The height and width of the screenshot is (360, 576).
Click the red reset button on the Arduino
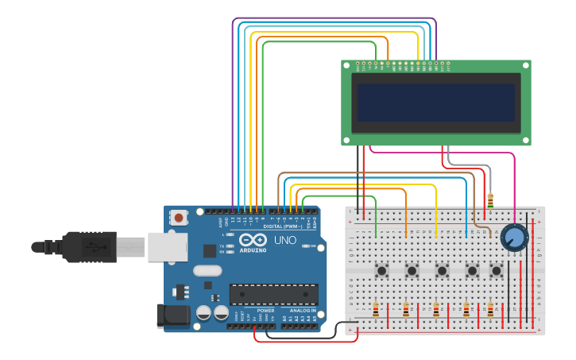[179, 217]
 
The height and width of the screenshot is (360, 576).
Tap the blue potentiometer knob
[514, 237]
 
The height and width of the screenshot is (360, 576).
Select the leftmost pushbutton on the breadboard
[381, 271]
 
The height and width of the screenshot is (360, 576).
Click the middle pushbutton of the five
[442, 271]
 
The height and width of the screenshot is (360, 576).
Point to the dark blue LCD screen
[435, 103]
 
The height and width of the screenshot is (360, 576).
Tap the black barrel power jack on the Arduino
[173, 316]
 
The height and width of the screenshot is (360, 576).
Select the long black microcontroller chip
[273, 295]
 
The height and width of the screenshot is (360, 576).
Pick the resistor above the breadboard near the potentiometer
[490, 200]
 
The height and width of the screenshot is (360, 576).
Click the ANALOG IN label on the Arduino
[302, 310]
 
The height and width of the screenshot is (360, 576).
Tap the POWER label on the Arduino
[266, 310]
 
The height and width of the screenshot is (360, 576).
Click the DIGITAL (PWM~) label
[280, 226]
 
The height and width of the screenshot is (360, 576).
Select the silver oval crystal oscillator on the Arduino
[207, 270]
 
